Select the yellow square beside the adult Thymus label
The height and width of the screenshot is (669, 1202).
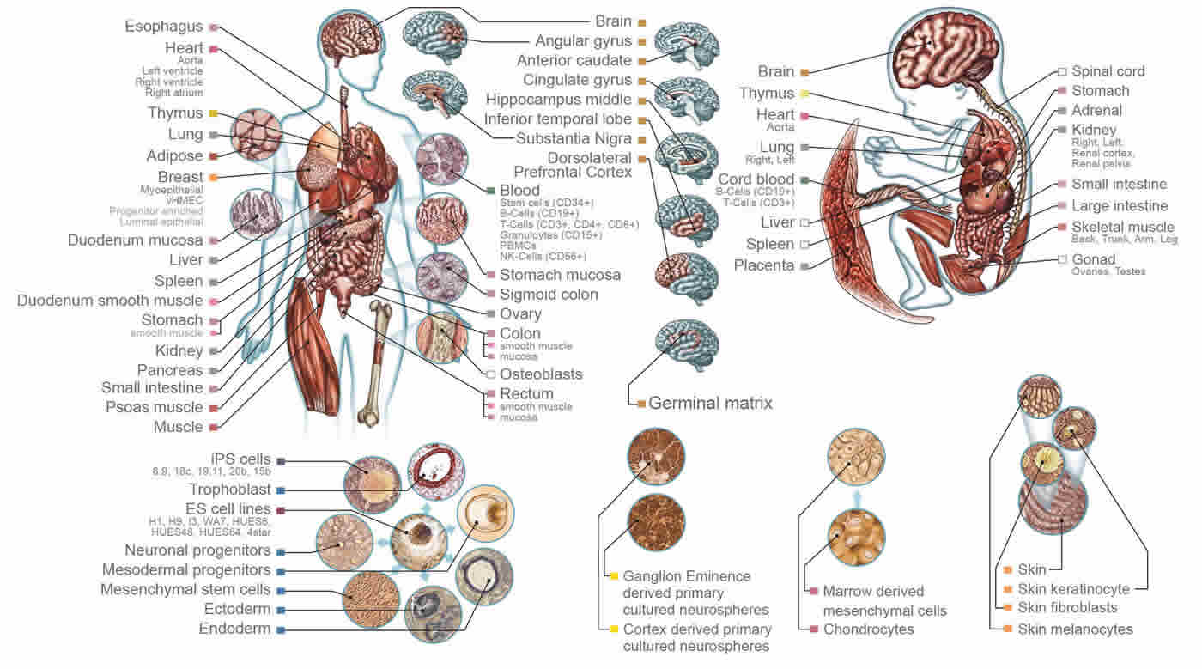212,113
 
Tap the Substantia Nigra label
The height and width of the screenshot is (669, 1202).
574,138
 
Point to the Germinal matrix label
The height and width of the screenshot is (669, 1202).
710,402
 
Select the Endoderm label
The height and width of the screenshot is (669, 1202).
234,629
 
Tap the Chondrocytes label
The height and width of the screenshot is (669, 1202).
868,629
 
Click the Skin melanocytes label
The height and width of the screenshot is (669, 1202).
1075,629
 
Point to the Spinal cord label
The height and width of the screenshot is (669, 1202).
1108,71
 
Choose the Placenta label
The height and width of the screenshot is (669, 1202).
763,265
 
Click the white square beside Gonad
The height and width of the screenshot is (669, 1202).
1062,259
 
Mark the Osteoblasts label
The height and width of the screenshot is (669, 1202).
541,374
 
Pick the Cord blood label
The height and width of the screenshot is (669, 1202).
755,179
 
